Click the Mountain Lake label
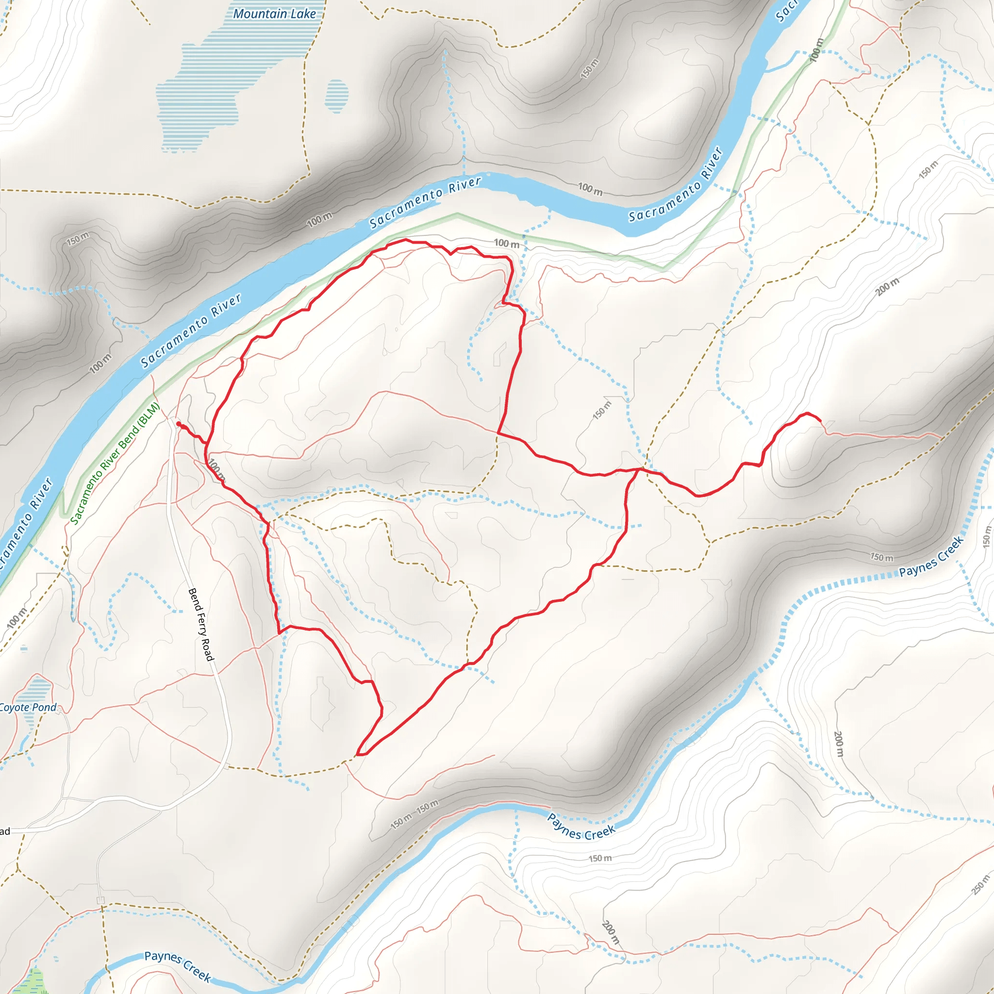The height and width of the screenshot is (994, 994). pyautogui.click(x=274, y=14)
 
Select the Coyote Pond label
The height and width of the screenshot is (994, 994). pyautogui.click(x=28, y=708)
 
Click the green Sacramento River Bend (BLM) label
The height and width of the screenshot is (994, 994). pyautogui.click(x=115, y=464)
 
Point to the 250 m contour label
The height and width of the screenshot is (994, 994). pyautogui.click(x=980, y=884)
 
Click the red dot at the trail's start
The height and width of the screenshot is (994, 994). pyautogui.click(x=179, y=424)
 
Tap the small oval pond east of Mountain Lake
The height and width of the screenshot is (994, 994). pyautogui.click(x=336, y=96)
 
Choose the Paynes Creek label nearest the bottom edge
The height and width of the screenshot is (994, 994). pyautogui.click(x=178, y=966)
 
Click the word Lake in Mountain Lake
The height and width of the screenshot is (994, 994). pyautogui.click(x=303, y=14)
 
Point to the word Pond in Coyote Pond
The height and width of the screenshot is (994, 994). pyautogui.click(x=45, y=708)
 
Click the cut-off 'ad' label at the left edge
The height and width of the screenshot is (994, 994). pyautogui.click(x=5, y=831)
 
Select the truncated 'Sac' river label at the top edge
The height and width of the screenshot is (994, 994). pyautogui.click(x=785, y=11)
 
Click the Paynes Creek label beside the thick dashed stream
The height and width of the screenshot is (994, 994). pyautogui.click(x=931, y=557)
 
